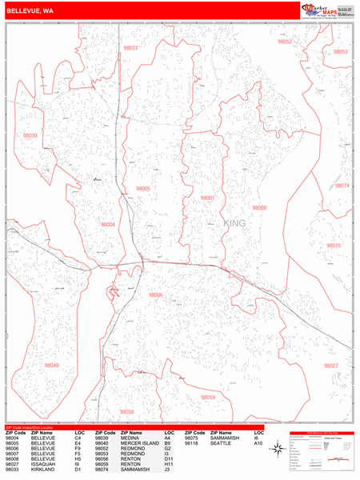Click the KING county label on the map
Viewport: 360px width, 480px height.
[x=236, y=223]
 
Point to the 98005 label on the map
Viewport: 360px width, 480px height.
[x=143, y=189]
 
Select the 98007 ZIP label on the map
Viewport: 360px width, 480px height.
[x=207, y=197]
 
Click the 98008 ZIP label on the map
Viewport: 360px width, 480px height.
[x=259, y=207]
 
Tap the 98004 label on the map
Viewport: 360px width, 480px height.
[x=107, y=225]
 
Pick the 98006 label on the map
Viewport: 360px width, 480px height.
[x=155, y=295]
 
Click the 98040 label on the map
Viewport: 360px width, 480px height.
[x=51, y=365]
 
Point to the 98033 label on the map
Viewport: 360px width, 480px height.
[x=130, y=48]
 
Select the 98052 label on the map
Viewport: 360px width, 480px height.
[x=285, y=41]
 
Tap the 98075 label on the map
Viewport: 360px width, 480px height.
[x=334, y=246]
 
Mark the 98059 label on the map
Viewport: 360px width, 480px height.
[x=208, y=397]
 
